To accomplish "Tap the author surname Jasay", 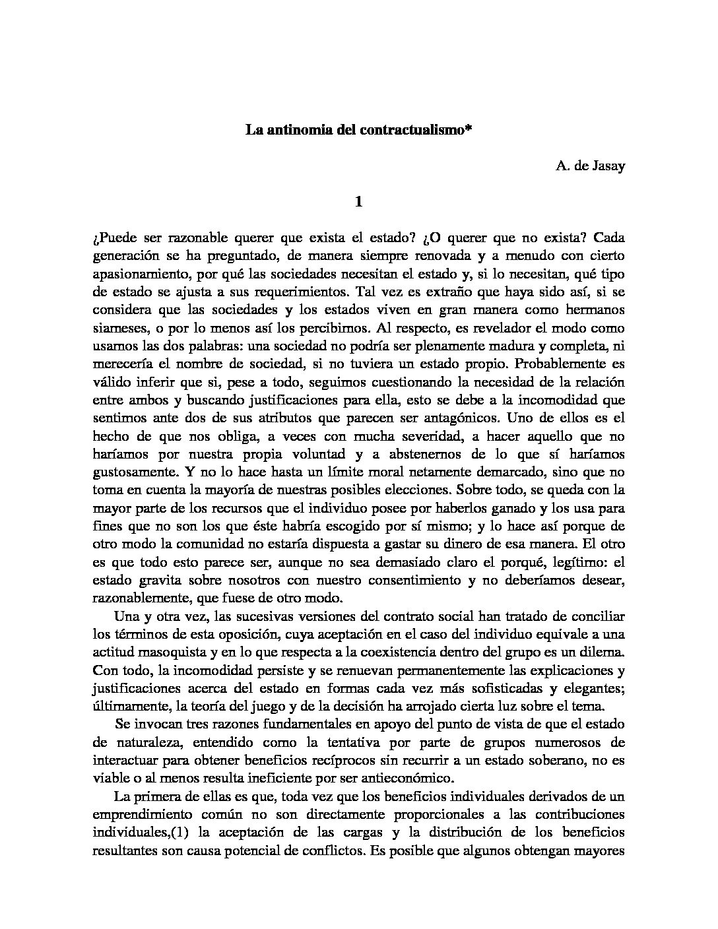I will pyautogui.click(x=608, y=166).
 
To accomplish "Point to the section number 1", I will pyautogui.click(x=358, y=202).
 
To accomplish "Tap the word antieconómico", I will pyautogui.click(x=408, y=778).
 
